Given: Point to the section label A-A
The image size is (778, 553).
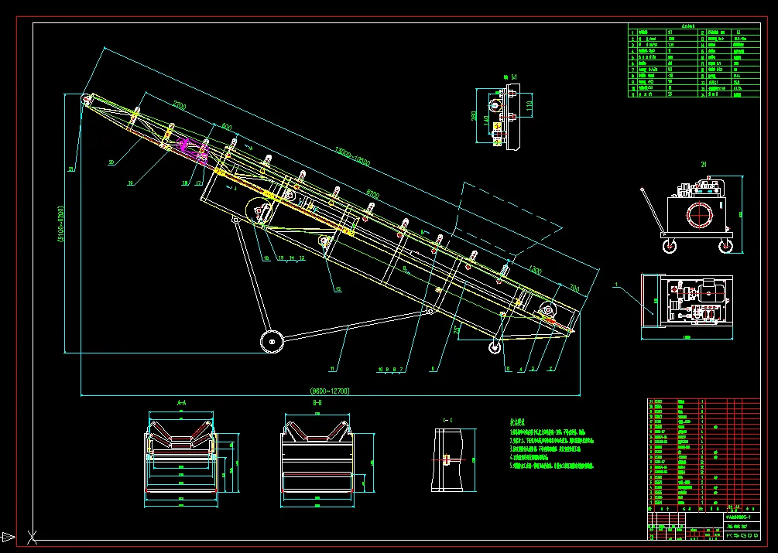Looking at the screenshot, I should click(x=182, y=403).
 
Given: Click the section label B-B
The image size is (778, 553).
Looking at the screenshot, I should click(x=317, y=403).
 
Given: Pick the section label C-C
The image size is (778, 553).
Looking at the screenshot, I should click(x=447, y=420).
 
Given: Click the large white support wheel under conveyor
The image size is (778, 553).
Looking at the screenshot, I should click(x=271, y=341).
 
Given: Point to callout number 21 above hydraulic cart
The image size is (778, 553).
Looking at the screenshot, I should click(x=703, y=164).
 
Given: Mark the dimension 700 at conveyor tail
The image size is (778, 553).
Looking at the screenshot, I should click(x=574, y=288).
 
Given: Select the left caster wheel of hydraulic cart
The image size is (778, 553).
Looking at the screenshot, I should click(x=667, y=247).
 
